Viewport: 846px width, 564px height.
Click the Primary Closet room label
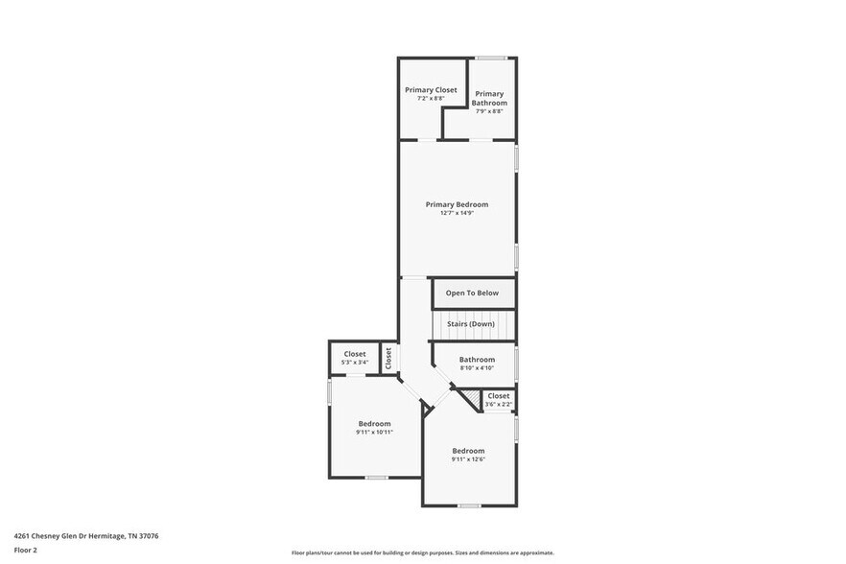pyautogui.click(x=431, y=89)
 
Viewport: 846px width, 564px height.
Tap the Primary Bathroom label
pyautogui.click(x=489, y=98)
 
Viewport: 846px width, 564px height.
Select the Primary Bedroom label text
pyautogui.click(x=457, y=204)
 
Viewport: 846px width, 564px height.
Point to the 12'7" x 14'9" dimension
pyautogui.click(x=457, y=213)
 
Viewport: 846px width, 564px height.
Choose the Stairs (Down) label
pyautogui.click(x=471, y=324)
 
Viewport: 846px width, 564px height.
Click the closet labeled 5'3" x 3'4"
pyautogui.click(x=355, y=358)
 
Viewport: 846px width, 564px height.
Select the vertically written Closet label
pyautogui.click(x=388, y=358)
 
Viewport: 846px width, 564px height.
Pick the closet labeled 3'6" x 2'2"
pyautogui.click(x=498, y=399)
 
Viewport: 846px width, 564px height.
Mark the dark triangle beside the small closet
pyautogui.click(x=470, y=397)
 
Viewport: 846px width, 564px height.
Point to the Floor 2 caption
pyautogui.click(x=25, y=551)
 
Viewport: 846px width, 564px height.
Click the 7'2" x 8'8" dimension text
pyautogui.click(x=431, y=98)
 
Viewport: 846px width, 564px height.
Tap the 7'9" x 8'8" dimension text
pyautogui.click(x=489, y=111)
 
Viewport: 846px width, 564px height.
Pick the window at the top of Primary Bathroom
pyautogui.click(x=493, y=59)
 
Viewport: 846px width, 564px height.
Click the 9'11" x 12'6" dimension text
pyautogui.click(x=468, y=460)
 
